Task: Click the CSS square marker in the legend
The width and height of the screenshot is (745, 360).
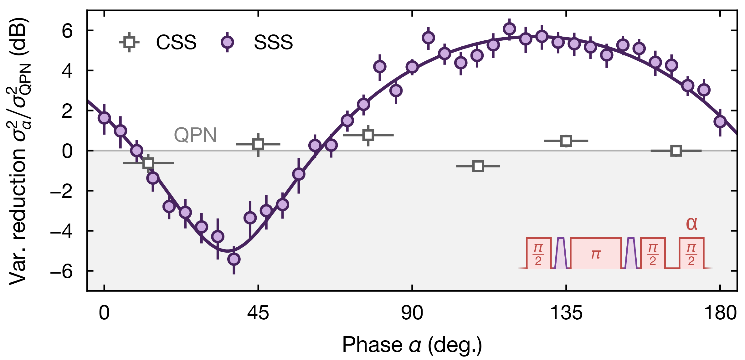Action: click(129, 42)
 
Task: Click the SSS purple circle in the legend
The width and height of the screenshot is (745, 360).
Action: click(227, 42)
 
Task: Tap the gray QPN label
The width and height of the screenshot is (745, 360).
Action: click(195, 135)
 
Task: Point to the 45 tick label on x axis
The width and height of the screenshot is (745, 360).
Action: click(258, 313)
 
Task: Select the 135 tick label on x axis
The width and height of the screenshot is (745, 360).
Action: click(566, 313)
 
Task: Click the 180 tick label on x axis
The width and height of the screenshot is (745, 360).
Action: click(720, 313)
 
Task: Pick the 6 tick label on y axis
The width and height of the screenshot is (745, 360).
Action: click(67, 31)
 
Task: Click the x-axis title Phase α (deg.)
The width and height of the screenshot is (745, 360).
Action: click(412, 345)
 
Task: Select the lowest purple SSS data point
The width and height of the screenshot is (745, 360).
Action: click(234, 259)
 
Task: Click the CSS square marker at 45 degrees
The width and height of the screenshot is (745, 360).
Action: click(258, 144)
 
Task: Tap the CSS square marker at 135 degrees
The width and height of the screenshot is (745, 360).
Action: click(566, 141)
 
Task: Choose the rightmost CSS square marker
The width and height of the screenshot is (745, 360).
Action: click(676, 151)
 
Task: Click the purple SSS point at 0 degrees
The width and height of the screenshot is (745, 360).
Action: click(104, 118)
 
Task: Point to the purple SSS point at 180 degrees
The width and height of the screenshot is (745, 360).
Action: click(720, 121)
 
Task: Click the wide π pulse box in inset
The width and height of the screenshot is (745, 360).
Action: click(596, 254)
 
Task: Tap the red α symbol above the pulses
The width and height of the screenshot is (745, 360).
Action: click(691, 224)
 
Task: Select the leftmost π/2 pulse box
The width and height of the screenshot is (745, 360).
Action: click(538, 254)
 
